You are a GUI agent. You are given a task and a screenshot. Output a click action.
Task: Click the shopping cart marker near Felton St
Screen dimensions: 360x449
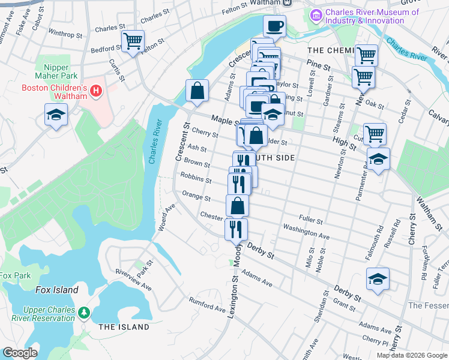click(132, 41)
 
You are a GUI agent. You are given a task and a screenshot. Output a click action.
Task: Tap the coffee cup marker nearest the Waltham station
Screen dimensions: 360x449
click(275, 26)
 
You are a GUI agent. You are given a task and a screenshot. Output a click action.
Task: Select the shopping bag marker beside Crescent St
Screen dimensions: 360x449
click(197, 91)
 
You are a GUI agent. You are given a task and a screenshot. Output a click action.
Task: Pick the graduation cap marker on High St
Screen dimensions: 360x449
click(378, 160)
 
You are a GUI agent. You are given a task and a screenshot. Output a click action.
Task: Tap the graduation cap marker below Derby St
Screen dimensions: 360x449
click(378, 279)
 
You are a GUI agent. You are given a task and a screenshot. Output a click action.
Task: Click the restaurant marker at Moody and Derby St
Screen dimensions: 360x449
click(236, 229)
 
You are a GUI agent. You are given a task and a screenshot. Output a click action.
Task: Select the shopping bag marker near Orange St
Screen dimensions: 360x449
click(238, 205)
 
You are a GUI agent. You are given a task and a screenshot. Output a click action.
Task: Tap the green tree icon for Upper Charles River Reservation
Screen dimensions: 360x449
click(84, 313)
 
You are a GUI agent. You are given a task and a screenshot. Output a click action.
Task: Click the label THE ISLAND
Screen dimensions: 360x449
click(123, 327)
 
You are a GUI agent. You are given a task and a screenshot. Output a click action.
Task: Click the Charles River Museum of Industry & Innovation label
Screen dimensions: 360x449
click(364, 16)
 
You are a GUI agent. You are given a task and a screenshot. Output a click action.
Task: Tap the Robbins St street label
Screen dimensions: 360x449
click(197, 179)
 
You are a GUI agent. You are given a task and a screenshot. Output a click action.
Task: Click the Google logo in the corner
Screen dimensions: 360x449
click(20, 352)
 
